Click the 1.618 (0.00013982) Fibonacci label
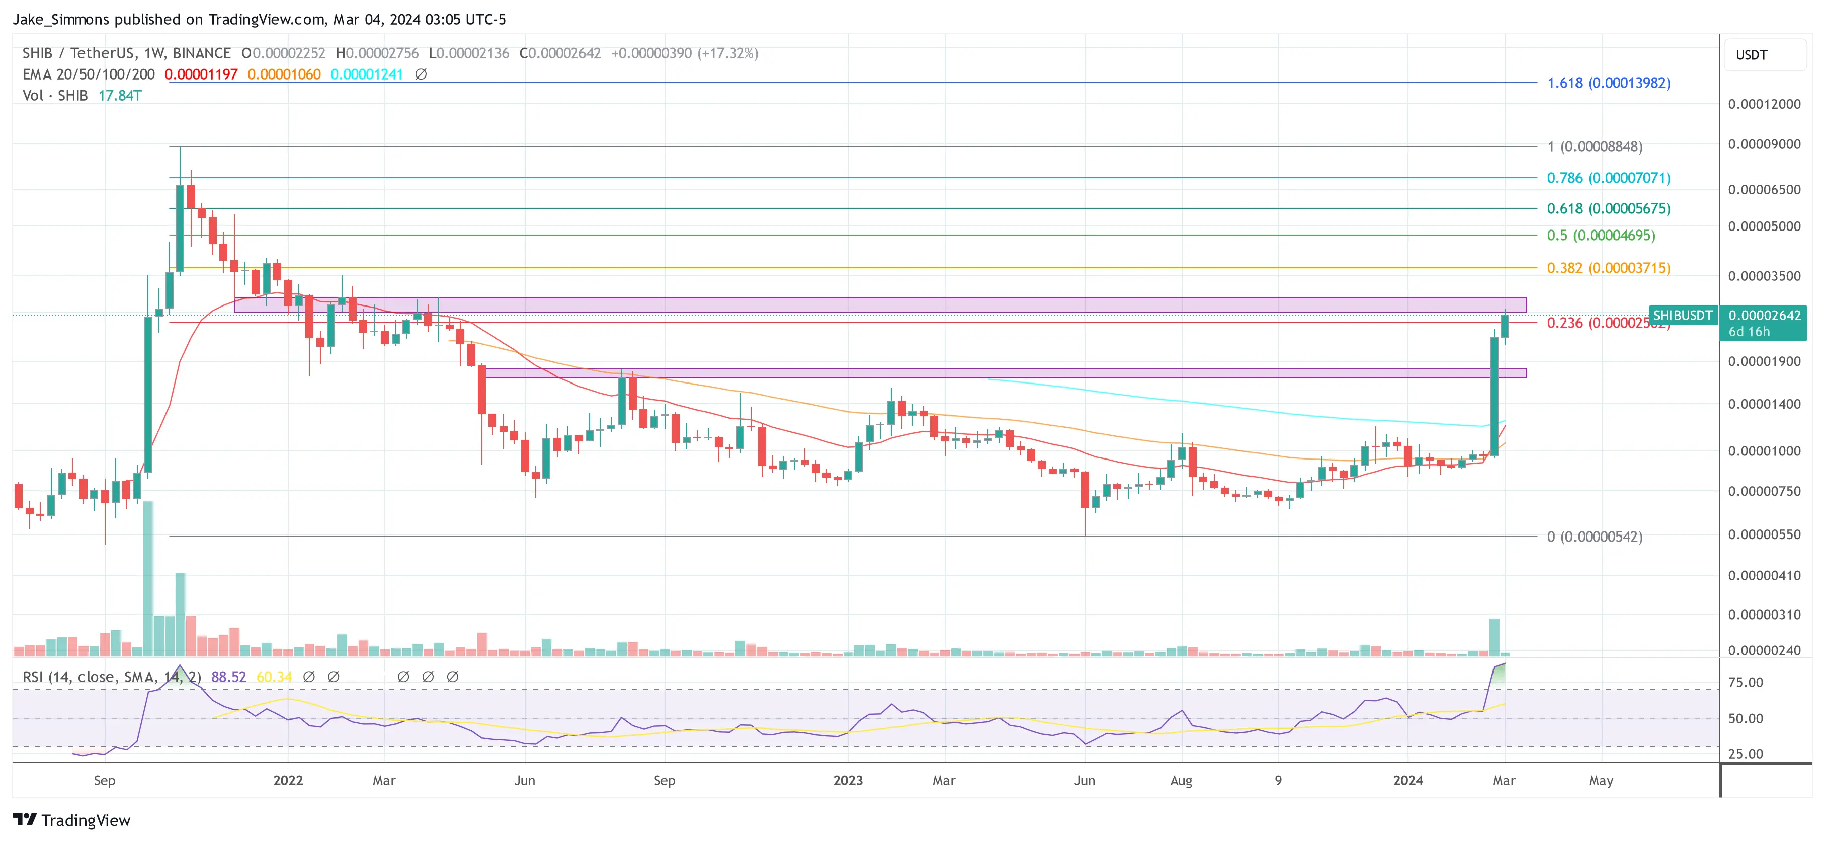tap(1608, 83)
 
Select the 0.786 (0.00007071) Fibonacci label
tap(1608, 178)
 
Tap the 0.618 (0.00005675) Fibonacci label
tap(1608, 208)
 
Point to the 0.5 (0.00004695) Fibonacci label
tap(1601, 236)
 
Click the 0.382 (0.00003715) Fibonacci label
tap(1608, 268)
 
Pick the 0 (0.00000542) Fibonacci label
tap(1594, 537)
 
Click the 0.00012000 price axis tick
tap(1763, 104)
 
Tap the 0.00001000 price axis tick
tap(1763, 451)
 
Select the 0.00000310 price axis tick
tap(1763, 615)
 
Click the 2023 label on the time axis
tap(847, 780)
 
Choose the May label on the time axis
tap(1601, 780)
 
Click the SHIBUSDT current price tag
tap(1683, 316)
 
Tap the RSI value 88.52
tap(228, 677)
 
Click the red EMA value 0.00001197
tap(201, 74)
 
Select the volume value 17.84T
tap(120, 96)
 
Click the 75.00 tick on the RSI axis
tap(1745, 682)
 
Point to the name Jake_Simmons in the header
tap(61, 19)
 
